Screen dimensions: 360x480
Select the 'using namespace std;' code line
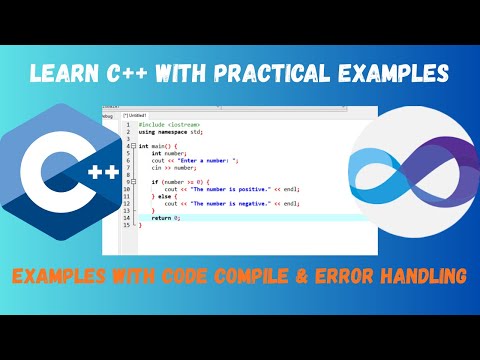(170, 131)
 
